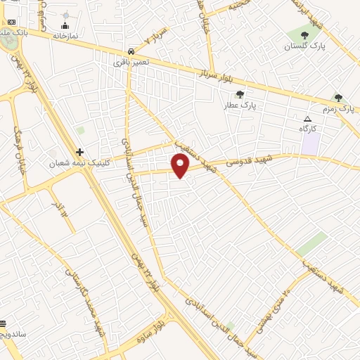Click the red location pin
click(181, 166)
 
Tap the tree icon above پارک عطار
click(241, 94)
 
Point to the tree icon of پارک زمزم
click(338, 98)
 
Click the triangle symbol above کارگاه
click(307, 118)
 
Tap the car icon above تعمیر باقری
click(132, 51)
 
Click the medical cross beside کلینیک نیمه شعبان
click(80, 152)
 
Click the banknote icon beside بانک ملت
click(11, 22)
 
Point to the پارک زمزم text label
click(345, 109)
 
